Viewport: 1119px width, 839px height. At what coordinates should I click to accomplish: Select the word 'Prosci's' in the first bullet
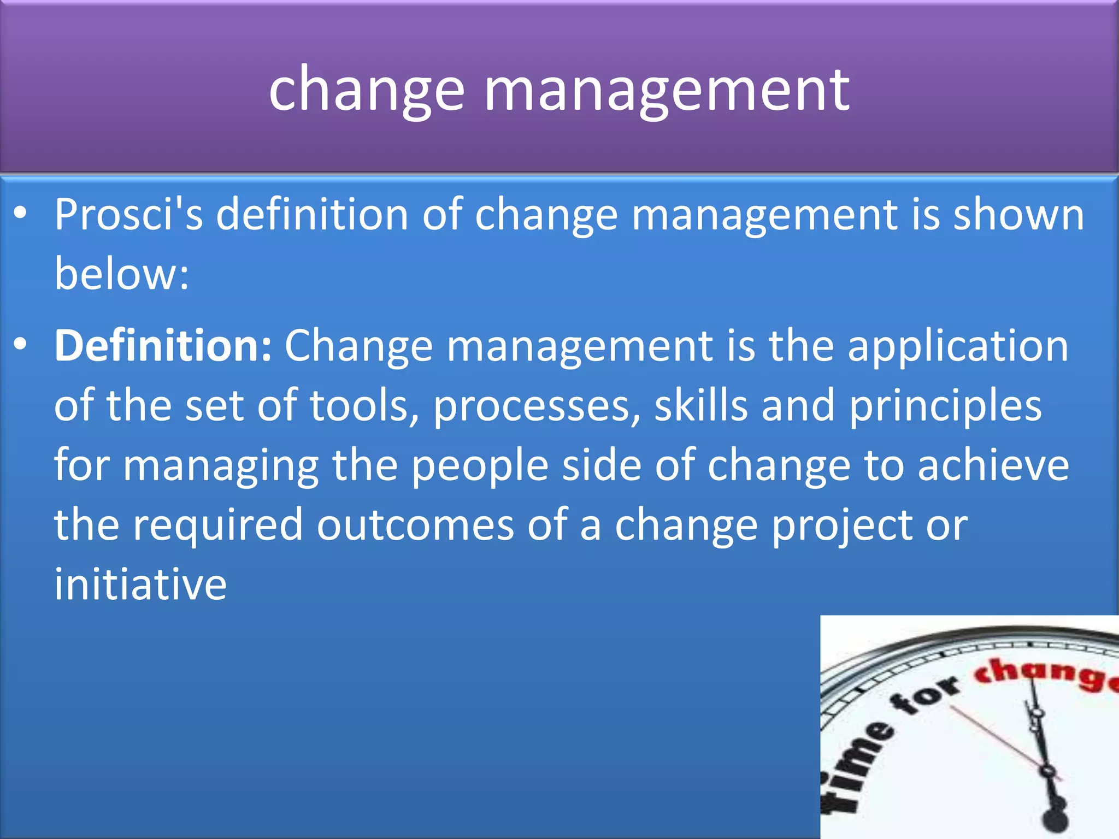coord(128,215)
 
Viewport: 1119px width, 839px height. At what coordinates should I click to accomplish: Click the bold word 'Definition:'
coord(163,346)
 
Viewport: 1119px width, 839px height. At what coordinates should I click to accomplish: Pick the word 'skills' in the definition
coord(701,405)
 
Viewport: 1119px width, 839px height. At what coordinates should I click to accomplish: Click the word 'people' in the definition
coord(480,466)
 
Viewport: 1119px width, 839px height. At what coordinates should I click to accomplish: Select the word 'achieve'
coord(993,465)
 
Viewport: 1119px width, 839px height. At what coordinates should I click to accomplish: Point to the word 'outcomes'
coord(415,525)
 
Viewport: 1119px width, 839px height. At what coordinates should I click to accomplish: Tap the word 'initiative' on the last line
coord(140,584)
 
